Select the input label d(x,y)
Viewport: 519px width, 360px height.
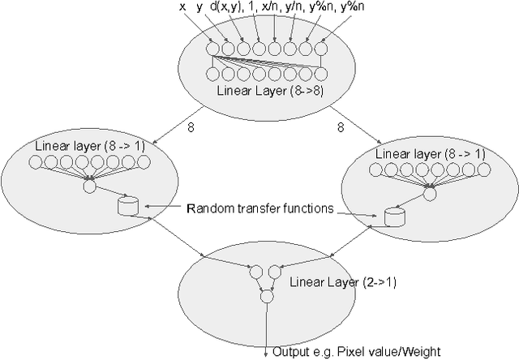228,8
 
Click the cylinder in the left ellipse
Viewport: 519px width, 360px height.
127,207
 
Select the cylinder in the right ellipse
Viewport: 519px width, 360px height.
394,216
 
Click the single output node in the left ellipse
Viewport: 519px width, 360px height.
90,186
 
